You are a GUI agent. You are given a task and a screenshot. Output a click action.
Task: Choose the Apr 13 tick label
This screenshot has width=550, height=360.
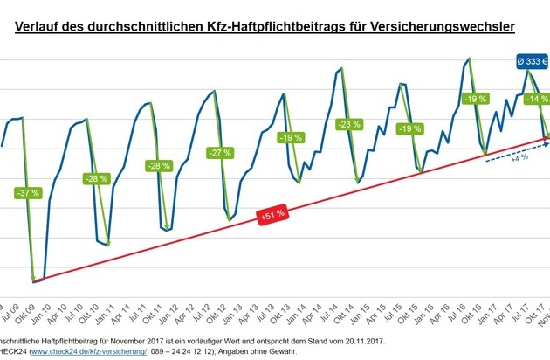pos(260,311)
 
